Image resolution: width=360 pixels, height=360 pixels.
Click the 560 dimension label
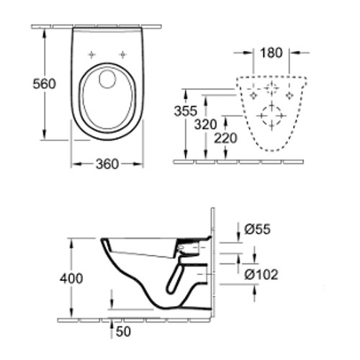click(44, 84)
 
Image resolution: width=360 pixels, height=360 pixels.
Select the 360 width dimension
click(107, 164)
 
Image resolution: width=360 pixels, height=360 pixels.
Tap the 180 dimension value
click(271, 53)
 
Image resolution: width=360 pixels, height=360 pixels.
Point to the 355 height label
click(186, 111)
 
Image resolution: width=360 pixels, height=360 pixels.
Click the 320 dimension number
click(205, 125)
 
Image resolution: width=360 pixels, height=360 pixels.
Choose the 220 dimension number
click(225, 138)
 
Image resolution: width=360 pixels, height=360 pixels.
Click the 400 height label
click(71, 279)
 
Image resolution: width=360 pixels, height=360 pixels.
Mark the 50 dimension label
click(123, 331)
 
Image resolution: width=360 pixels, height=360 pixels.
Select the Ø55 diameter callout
click(258, 229)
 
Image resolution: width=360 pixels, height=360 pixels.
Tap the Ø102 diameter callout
click(261, 274)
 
